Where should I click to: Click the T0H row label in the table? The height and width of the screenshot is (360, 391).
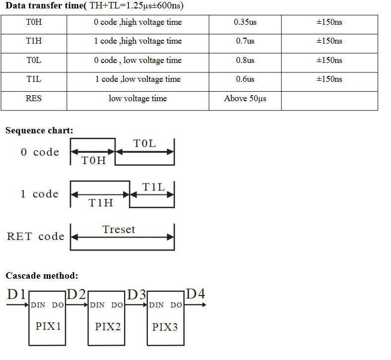(34, 22)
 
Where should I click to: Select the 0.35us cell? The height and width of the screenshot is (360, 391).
(245, 22)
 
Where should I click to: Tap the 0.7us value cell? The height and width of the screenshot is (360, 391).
(245, 41)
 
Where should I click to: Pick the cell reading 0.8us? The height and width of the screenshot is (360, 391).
(245, 60)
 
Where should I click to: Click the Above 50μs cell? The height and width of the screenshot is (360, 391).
(245, 99)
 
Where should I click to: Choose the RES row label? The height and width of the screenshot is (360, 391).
(34, 99)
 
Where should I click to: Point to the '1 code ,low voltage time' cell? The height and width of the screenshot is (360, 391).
(138, 79)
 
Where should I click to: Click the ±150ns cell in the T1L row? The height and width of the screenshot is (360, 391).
(329, 79)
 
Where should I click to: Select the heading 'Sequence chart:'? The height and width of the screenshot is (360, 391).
(39, 131)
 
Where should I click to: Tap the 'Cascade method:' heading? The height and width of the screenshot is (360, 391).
(42, 276)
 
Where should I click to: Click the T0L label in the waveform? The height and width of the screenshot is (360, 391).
(144, 144)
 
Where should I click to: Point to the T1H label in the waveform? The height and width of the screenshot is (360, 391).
(101, 203)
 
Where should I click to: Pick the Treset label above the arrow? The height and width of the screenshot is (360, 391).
(119, 230)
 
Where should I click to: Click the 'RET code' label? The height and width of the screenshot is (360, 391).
(36, 237)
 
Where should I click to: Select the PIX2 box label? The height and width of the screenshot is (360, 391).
(108, 326)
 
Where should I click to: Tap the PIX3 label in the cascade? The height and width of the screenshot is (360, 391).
(165, 327)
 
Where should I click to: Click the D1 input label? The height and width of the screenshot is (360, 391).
(16, 294)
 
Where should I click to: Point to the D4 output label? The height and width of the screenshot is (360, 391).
(195, 294)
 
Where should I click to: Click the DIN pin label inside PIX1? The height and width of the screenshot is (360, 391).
(38, 305)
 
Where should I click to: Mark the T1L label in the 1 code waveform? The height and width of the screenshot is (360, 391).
(153, 187)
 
